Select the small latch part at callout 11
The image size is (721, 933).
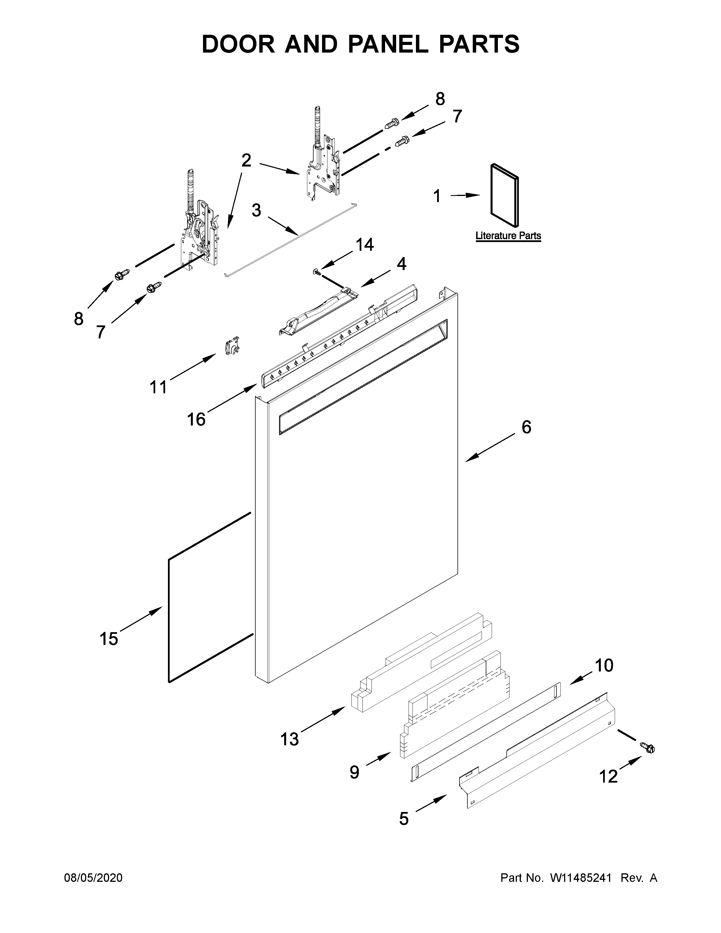[232, 345]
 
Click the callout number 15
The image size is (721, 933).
[109, 639]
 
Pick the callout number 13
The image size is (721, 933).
[290, 739]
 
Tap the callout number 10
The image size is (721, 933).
[604, 665]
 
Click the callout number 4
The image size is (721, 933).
[401, 264]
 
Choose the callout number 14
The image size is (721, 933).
[364, 245]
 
